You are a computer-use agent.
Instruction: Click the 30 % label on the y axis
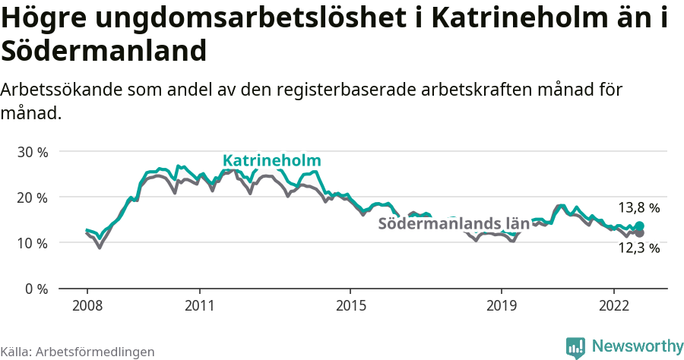pyautogui.click(x=32, y=152)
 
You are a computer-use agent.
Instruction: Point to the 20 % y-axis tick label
pyautogui.click(x=32, y=197)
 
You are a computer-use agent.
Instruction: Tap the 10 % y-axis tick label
pyautogui.click(x=32, y=243)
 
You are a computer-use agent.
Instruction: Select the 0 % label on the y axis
pyautogui.click(x=36, y=289)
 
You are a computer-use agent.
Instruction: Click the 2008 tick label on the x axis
pyautogui.click(x=87, y=305)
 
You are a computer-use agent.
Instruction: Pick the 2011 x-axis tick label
pyautogui.click(x=199, y=305)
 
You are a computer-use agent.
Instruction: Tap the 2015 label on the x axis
pyautogui.click(x=350, y=305)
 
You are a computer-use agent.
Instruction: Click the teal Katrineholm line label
pyautogui.click(x=271, y=161)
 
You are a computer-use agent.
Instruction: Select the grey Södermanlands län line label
pyautogui.click(x=453, y=224)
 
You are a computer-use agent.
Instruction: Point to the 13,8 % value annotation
pyautogui.click(x=638, y=207)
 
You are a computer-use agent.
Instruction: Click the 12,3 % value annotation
pyautogui.click(x=638, y=248)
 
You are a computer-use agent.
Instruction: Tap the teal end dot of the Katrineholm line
pyautogui.click(x=640, y=226)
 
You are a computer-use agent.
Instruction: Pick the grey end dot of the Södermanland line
pyautogui.click(x=640, y=233)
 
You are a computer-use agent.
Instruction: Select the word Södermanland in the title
pyautogui.click(x=104, y=52)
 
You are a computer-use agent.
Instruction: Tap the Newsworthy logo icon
pyautogui.click(x=575, y=347)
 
